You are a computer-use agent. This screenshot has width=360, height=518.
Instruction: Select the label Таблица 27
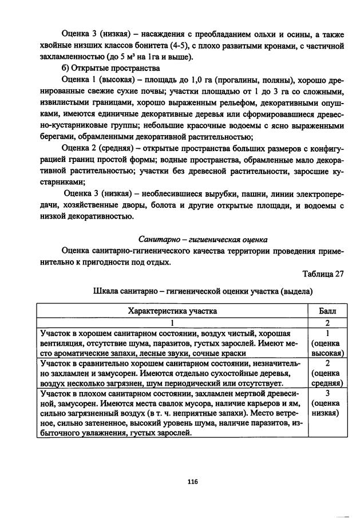(323, 274)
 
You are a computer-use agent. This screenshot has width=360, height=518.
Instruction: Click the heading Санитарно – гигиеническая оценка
(203, 239)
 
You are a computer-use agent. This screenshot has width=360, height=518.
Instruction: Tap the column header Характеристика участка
(172, 311)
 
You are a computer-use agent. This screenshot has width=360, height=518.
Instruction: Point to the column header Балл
(326, 311)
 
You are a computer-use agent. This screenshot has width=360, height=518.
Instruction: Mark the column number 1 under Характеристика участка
(172, 323)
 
